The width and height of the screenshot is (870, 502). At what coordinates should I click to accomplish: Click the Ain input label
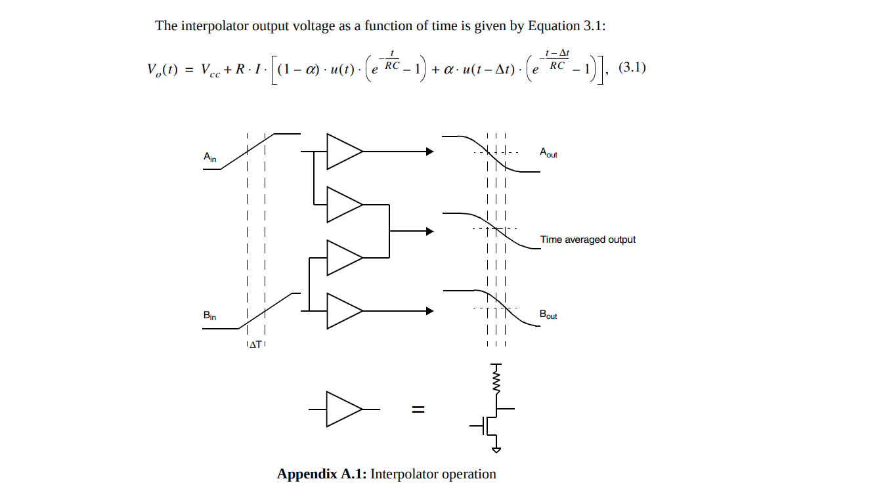pyautogui.click(x=209, y=157)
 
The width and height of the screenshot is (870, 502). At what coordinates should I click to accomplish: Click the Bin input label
pyautogui.click(x=209, y=316)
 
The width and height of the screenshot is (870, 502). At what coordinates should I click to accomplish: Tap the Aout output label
pyautogui.click(x=548, y=152)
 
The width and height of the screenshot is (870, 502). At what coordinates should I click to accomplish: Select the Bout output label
pyautogui.click(x=548, y=314)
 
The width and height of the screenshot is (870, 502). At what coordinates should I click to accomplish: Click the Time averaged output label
pyautogui.click(x=588, y=240)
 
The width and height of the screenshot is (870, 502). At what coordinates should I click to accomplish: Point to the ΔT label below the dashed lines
pyautogui.click(x=255, y=345)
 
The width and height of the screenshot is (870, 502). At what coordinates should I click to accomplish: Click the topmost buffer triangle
pyautogui.click(x=342, y=152)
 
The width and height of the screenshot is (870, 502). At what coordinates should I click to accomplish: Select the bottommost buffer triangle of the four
pyautogui.click(x=342, y=310)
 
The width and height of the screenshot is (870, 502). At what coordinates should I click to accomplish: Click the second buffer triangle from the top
pyautogui.click(x=342, y=204)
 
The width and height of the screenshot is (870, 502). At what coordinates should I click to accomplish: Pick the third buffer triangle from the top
pyautogui.click(x=342, y=257)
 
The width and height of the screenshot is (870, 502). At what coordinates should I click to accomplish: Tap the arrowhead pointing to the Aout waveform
pyautogui.click(x=430, y=152)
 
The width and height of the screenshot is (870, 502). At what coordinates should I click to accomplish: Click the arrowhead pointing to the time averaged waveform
pyautogui.click(x=430, y=231)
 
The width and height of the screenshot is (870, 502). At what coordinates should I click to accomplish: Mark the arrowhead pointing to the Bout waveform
pyautogui.click(x=430, y=310)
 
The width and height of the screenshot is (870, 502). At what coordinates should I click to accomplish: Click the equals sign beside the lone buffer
pyautogui.click(x=418, y=410)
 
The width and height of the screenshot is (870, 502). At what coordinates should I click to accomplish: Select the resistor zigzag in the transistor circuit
pyautogui.click(x=496, y=381)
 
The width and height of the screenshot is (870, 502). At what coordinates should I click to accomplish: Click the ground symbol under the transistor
pyautogui.click(x=496, y=450)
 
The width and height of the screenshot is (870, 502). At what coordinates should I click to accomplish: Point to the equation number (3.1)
pyautogui.click(x=632, y=68)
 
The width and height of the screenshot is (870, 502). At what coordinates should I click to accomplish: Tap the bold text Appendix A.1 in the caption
pyautogui.click(x=321, y=474)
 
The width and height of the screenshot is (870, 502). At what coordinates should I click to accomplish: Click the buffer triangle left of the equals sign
pyautogui.click(x=342, y=409)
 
